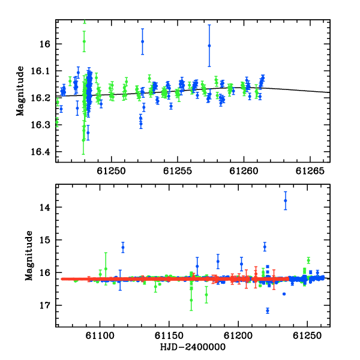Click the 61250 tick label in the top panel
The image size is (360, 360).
tap(112, 171)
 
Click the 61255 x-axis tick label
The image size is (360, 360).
tap(178, 171)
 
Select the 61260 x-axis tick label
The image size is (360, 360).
tap(244, 171)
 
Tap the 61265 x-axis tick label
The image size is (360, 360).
tap(310, 171)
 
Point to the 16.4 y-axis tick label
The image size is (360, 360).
tap(40, 152)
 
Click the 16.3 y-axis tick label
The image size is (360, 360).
tap(40, 125)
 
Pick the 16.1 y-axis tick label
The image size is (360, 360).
tap(40, 71)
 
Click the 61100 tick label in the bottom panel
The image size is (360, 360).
tap(100, 335)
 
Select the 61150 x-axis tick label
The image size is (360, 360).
tap(169, 335)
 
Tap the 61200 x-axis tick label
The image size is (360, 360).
tap(238, 335)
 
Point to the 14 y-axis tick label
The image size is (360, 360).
tap(45, 208)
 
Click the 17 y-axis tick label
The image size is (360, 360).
tap(45, 305)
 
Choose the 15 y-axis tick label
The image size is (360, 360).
tap(45, 240)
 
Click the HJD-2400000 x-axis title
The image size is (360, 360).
tap(193, 347)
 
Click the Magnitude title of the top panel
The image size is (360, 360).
tap(20, 91)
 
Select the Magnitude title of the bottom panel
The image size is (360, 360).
tap(29, 256)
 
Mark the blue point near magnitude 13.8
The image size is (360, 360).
tap(286, 200)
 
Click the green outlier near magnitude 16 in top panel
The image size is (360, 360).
tap(84, 41)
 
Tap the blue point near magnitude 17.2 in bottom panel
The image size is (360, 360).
tap(268, 311)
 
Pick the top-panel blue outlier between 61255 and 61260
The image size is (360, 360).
tap(209, 46)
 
